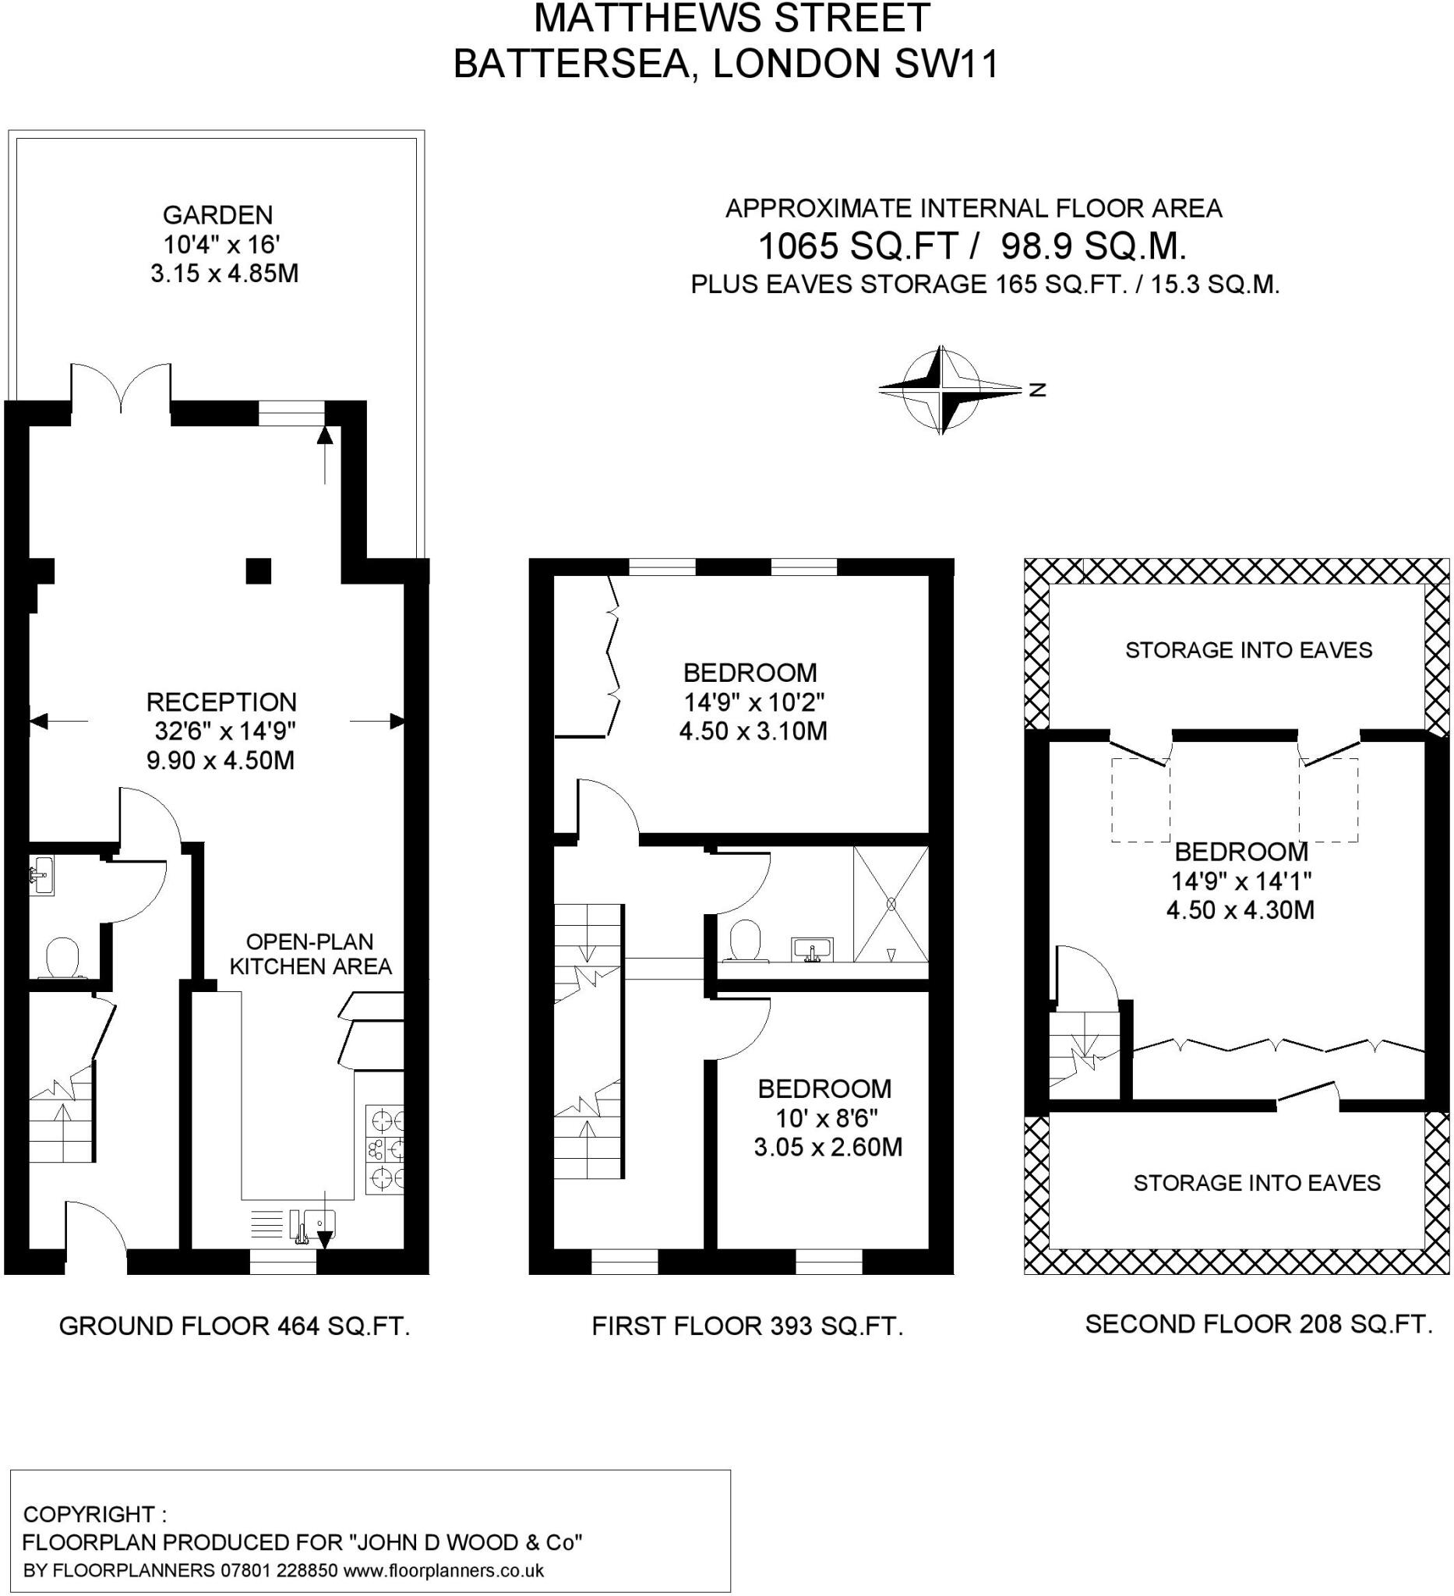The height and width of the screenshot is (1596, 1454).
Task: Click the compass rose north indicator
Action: point(1037,390)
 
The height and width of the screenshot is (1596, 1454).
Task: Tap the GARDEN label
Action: point(217,214)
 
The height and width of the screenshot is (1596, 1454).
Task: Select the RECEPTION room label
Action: point(221,701)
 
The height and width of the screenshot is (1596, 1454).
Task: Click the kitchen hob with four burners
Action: point(385,1149)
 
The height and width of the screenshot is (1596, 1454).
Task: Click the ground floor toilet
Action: point(62,959)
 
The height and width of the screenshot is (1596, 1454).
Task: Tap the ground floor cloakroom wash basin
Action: point(41,876)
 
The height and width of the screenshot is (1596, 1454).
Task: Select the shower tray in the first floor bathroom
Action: point(891,904)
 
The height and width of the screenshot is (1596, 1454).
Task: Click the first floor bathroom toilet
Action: point(745,940)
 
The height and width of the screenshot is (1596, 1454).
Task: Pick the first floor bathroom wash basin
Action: point(811,948)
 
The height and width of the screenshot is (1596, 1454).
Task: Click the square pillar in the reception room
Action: point(258,570)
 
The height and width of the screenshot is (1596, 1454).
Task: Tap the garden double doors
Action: point(121,388)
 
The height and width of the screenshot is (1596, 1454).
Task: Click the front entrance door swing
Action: point(95,1231)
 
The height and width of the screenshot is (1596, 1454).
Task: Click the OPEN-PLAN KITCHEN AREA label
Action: point(310,954)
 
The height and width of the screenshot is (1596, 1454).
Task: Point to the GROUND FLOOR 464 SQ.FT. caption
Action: point(235,1326)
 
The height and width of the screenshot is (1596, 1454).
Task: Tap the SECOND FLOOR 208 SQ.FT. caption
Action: point(1258,1324)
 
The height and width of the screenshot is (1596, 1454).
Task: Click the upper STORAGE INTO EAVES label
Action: point(1248,650)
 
